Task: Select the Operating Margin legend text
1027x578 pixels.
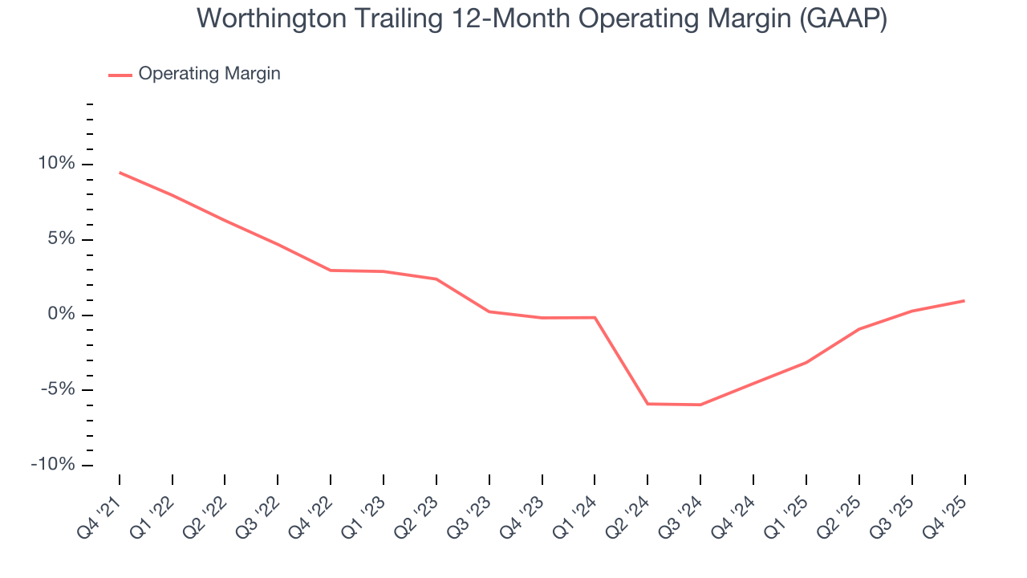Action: point(209,74)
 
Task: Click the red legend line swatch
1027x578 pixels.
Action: point(120,75)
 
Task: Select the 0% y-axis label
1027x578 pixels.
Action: point(63,315)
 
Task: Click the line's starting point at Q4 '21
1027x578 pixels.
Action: point(120,173)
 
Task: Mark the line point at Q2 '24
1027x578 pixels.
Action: point(647,404)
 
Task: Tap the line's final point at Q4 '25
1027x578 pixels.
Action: point(964,301)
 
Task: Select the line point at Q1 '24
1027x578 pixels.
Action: point(595,317)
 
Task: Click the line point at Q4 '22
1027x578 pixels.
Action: point(331,271)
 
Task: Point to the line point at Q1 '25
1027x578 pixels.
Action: point(806,363)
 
